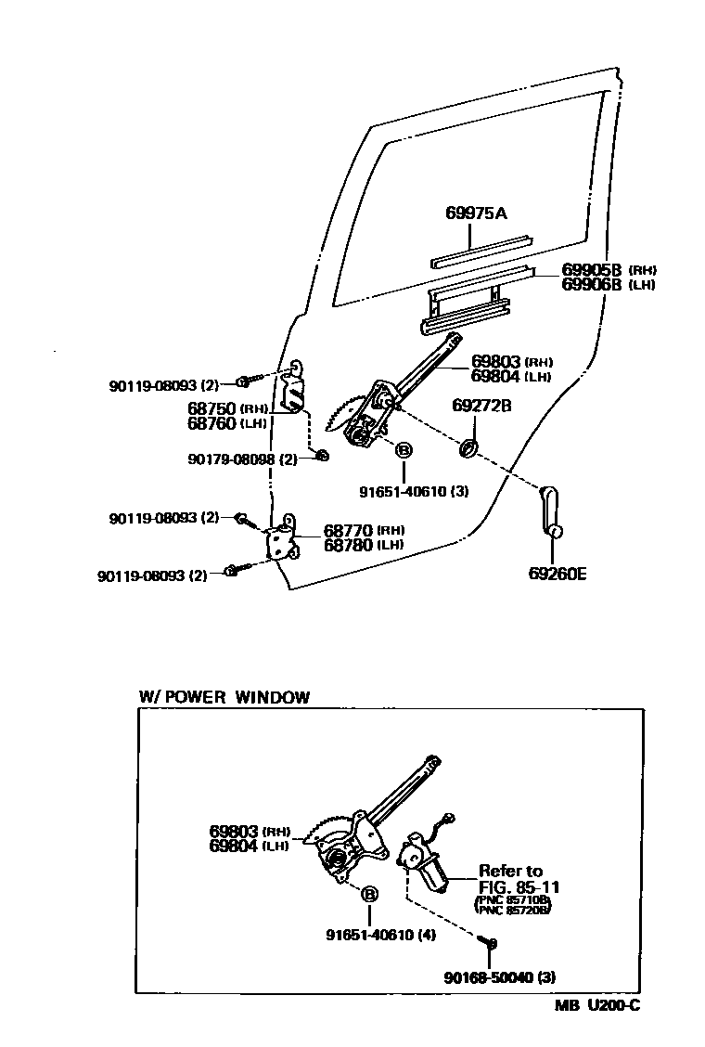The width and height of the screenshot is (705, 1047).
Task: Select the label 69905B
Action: (x=591, y=270)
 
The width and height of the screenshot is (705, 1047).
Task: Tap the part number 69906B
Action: (x=591, y=285)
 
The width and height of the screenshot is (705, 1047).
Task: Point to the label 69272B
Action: (x=482, y=406)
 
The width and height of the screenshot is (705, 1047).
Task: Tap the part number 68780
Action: (x=348, y=545)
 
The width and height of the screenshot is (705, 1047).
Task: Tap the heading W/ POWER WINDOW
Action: (x=224, y=698)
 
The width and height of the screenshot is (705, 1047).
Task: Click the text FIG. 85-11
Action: (x=519, y=886)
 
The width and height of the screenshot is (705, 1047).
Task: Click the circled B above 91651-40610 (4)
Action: (x=369, y=895)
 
